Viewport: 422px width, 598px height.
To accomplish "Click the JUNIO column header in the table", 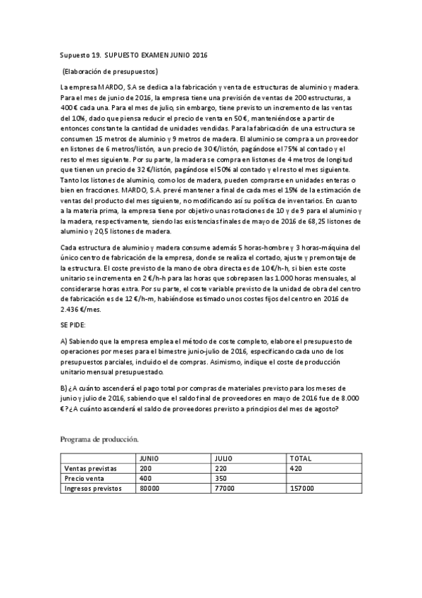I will [150, 458].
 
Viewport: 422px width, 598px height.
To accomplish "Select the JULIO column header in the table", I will [224, 458].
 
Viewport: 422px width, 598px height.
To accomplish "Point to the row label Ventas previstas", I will [90, 468].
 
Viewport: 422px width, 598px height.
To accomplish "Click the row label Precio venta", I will [83, 477].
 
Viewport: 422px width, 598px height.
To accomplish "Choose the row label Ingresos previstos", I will [93, 487].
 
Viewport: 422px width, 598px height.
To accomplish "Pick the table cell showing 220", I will [220, 468].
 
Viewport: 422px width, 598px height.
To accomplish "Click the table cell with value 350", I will [220, 477].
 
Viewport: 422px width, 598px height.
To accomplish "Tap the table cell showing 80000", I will [150, 487].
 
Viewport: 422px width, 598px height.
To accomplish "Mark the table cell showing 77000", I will [224, 487].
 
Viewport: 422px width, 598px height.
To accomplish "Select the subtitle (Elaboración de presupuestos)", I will [110, 71].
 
